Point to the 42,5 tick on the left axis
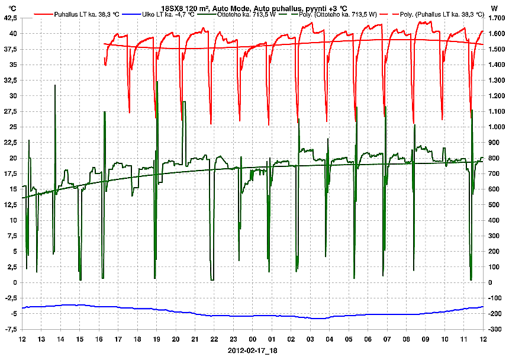click(x=10, y=18)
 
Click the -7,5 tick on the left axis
click(x=11, y=329)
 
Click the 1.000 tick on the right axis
click(x=495, y=127)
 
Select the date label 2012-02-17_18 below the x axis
click(x=253, y=351)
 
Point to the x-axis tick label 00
click(x=253, y=339)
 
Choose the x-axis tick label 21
click(x=195, y=339)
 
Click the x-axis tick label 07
click(x=387, y=339)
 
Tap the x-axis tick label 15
click(x=80, y=339)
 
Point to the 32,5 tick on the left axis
click(x=10, y=81)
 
